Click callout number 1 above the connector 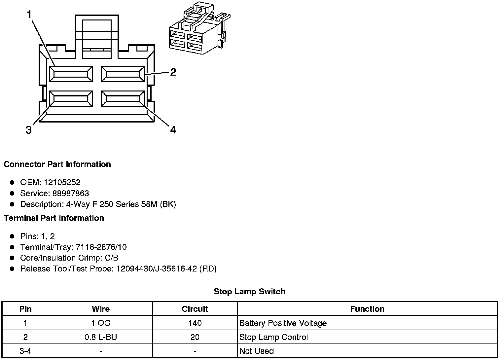[x=29, y=15]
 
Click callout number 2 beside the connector [x=173, y=72]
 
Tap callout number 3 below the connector [x=29, y=130]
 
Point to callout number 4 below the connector [x=173, y=130]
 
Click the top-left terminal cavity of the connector [x=71, y=74]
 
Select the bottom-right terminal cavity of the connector [x=123, y=99]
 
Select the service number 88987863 [x=71, y=193]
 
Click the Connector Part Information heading [x=57, y=164]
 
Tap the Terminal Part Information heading [x=54, y=218]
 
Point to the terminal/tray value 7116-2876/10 [x=101, y=247]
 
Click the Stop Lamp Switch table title [x=249, y=291]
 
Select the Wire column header [x=101, y=309]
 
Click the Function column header [x=367, y=309]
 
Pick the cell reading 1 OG [x=101, y=323]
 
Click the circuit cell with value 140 [x=195, y=323]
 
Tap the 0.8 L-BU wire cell [x=101, y=337]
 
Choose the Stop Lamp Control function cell [x=273, y=337]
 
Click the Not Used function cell [x=256, y=351]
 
